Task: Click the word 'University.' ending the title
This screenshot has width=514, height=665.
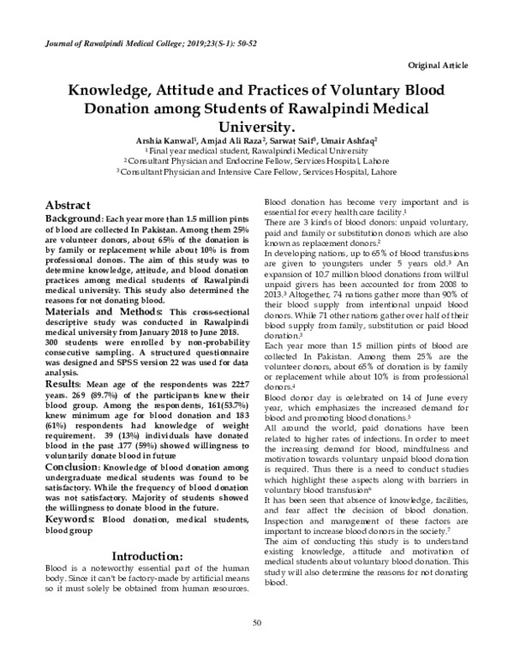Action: coord(257,126)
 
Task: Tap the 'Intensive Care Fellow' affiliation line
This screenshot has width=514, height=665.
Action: coord(257,171)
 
